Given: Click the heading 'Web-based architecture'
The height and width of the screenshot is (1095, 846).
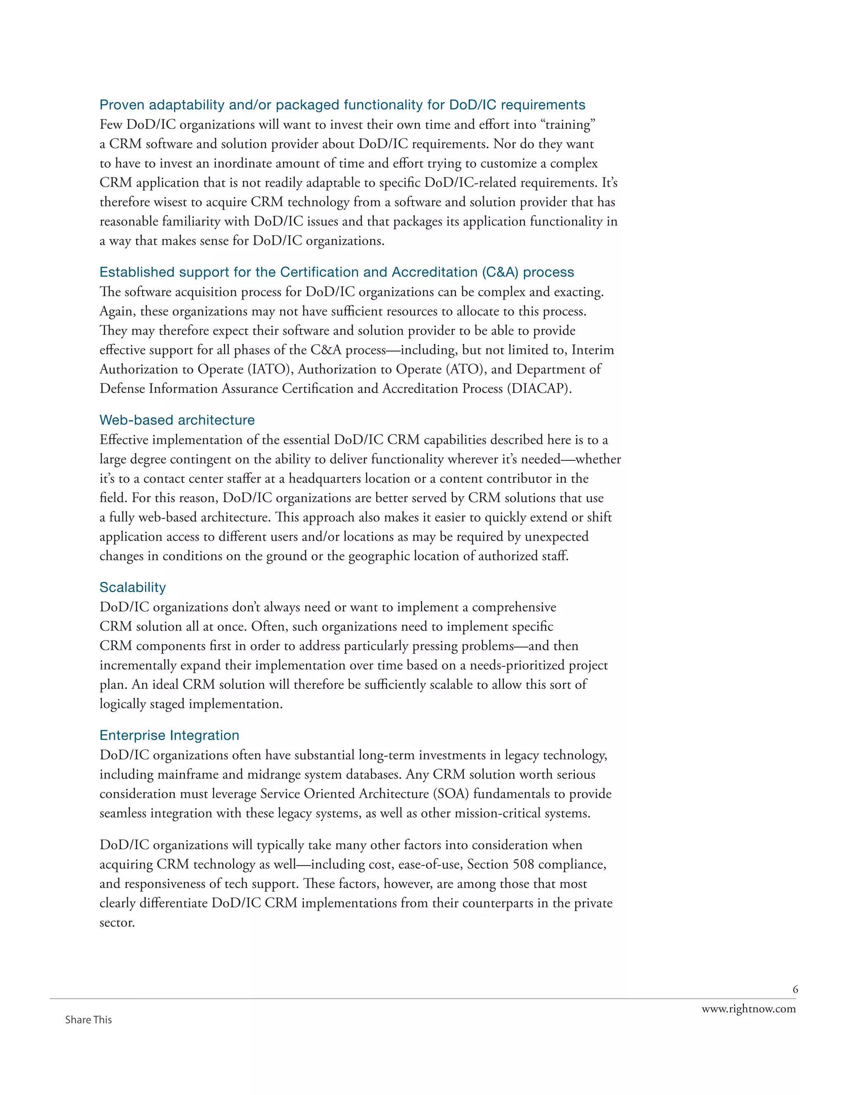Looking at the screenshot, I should (x=177, y=420).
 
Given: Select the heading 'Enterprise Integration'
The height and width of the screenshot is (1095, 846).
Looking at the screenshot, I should (x=169, y=735).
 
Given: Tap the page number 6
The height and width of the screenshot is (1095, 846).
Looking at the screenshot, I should (x=795, y=989).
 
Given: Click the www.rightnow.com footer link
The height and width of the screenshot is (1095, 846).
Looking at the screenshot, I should (x=748, y=1009).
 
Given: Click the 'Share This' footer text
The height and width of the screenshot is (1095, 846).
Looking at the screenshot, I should (x=88, y=1020).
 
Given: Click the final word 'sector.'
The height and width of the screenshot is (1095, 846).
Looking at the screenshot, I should (x=117, y=923).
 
